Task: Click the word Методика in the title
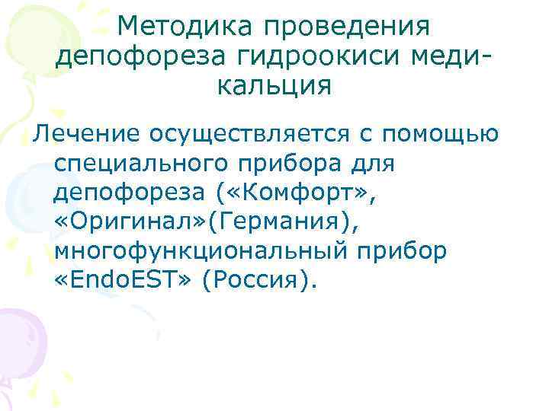[x=187, y=27]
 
